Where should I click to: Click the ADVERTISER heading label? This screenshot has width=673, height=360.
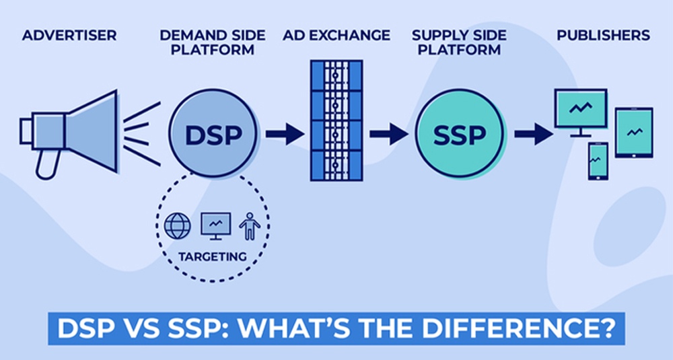click(69, 35)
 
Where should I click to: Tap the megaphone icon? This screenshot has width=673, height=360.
click(69, 133)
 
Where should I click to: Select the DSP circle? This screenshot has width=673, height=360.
click(213, 133)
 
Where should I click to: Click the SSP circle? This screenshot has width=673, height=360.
click(459, 133)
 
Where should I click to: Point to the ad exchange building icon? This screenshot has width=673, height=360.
click(336, 120)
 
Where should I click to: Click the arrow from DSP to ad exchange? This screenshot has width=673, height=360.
click(285, 134)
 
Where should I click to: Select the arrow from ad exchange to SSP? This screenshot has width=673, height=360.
click(389, 134)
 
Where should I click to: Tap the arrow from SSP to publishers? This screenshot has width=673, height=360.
click(534, 134)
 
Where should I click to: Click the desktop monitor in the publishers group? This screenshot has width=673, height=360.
click(581, 112)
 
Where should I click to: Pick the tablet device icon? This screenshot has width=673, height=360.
click(634, 133)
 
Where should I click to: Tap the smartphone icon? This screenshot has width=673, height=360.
click(598, 161)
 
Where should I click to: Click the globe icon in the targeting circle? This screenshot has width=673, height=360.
click(178, 225)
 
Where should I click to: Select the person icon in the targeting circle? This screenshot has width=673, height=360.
click(250, 226)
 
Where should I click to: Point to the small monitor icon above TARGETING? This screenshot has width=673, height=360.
click(216, 225)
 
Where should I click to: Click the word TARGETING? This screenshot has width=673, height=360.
click(213, 256)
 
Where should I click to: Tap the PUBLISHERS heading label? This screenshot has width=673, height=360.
click(604, 35)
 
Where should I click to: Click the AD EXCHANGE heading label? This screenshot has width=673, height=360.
click(336, 35)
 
